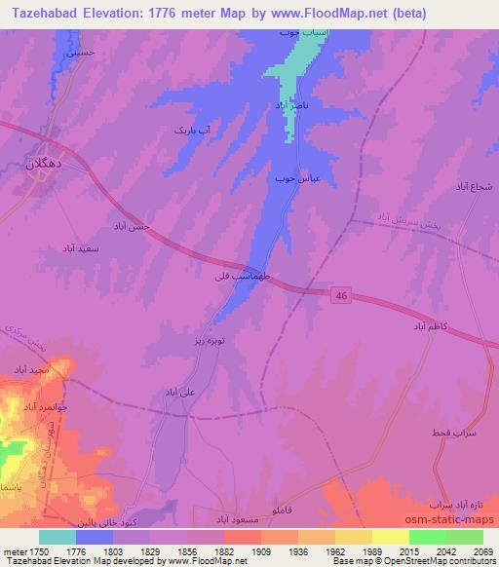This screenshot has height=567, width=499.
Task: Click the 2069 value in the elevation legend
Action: click(x=482, y=551)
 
